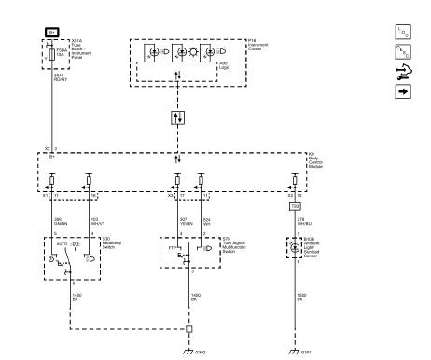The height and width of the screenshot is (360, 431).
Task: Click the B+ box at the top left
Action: (51, 30)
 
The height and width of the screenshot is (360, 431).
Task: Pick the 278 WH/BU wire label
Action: (301, 221)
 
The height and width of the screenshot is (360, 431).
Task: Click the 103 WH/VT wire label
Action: (94, 221)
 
